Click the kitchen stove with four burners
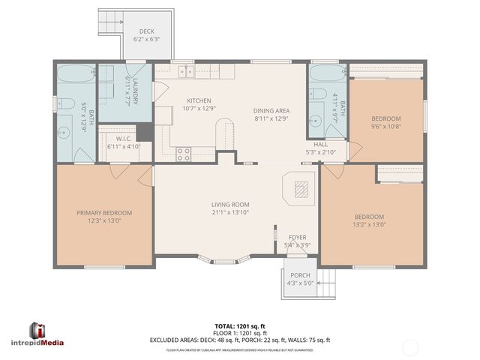coord(183,154)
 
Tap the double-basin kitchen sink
coord(186,72)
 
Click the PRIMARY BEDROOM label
coord(104,212)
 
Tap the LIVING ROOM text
coord(229,204)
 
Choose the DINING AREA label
coord(271,110)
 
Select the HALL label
coord(320,144)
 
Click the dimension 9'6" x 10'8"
coord(386,127)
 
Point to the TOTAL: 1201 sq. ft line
coord(239,326)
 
